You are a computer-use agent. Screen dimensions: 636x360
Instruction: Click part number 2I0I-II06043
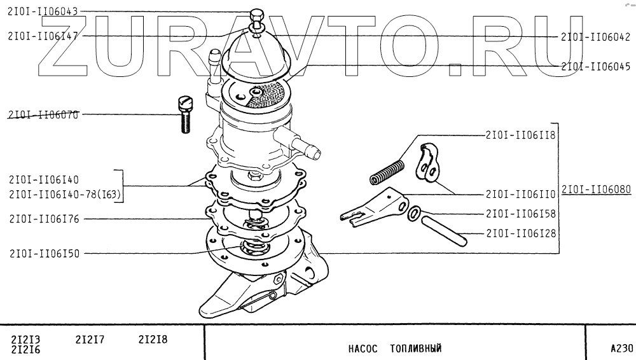pos(43,12)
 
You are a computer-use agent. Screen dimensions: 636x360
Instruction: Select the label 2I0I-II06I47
pos(43,36)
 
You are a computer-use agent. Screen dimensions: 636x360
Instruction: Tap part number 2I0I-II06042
pos(595,37)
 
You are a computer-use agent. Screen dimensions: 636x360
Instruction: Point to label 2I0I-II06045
pos(595,66)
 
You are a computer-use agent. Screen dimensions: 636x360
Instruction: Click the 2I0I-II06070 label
pos(43,115)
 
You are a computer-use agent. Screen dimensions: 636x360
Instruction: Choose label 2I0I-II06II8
pos(521,135)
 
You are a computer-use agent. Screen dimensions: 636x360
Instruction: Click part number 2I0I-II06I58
pos(521,213)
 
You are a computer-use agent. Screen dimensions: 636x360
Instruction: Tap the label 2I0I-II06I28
pos(521,233)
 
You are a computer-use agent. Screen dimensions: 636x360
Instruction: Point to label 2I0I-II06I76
pos(44,219)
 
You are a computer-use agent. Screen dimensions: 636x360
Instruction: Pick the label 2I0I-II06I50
pos(44,253)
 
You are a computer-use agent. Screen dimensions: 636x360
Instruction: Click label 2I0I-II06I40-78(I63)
pos(66,195)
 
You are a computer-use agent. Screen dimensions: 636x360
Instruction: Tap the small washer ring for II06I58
pos(413,214)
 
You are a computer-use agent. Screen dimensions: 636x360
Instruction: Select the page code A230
pos(621,348)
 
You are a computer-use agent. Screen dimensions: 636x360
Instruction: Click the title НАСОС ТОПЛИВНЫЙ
pos(394,349)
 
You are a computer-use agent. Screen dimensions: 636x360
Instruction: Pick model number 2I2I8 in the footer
pos(153,340)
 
